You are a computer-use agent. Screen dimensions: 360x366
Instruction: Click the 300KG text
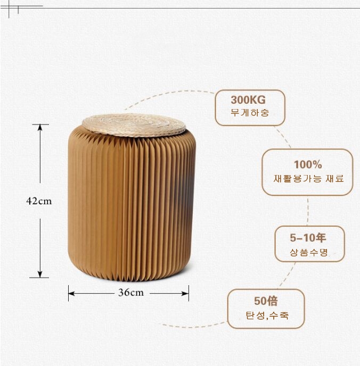click(x=248, y=100)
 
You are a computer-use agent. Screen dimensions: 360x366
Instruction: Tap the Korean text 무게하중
click(x=250, y=113)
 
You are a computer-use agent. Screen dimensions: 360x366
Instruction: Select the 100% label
click(x=308, y=164)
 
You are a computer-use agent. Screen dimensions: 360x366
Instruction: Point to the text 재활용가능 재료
click(x=308, y=179)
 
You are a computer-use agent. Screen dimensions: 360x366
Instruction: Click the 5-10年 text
click(x=308, y=238)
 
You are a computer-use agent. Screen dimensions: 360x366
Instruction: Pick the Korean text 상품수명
click(x=309, y=252)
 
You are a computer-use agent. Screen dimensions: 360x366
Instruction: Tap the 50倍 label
click(x=266, y=301)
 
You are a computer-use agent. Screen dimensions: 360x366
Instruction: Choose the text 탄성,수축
click(x=267, y=315)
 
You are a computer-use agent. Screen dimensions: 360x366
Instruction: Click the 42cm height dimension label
click(x=39, y=201)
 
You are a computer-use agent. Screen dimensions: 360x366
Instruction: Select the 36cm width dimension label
click(x=131, y=293)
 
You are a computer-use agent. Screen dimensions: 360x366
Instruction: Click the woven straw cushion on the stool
click(x=134, y=125)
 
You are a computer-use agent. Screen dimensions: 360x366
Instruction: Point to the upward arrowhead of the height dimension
click(x=40, y=127)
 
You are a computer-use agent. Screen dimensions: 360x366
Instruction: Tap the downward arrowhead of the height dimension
click(x=40, y=274)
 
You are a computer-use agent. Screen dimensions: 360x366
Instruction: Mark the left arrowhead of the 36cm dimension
click(x=71, y=294)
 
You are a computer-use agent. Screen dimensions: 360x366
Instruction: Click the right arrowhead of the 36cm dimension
click(x=185, y=294)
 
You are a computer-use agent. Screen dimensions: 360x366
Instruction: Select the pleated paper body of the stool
click(x=132, y=205)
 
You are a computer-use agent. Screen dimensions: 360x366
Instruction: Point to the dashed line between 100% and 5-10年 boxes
click(x=308, y=212)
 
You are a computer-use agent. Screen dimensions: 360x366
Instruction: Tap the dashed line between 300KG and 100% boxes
click(x=283, y=137)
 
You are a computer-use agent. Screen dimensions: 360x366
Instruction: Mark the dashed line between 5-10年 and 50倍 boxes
click(x=288, y=275)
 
